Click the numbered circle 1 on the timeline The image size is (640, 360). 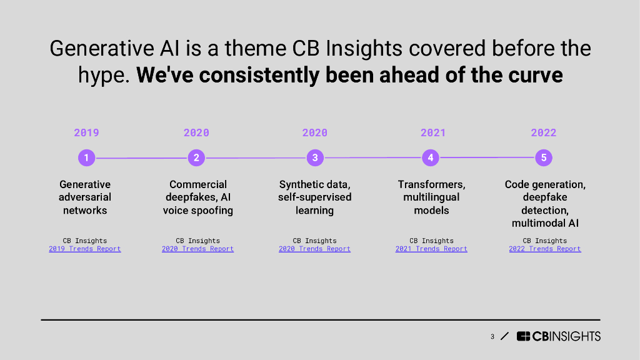click(86, 157)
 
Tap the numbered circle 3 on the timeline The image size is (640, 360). click(315, 157)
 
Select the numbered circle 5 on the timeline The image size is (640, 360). click(544, 157)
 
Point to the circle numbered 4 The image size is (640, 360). click(431, 157)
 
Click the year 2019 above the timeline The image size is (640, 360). click(86, 132)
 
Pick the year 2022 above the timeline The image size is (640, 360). click(544, 132)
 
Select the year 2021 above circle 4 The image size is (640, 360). click(433, 132)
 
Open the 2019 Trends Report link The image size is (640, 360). click(85, 249)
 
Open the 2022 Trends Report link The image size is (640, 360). click(545, 249)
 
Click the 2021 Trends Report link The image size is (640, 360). click(431, 249)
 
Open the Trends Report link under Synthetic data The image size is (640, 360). click(315, 249)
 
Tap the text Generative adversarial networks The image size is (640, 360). click(85, 197)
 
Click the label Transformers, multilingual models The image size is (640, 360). click(431, 197)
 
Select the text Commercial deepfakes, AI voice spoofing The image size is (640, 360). click(198, 197)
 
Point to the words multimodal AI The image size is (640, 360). click(545, 223)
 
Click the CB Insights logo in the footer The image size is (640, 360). click(558, 336)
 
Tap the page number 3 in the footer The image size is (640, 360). click(492, 337)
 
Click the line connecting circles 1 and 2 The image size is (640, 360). click(142, 158)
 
